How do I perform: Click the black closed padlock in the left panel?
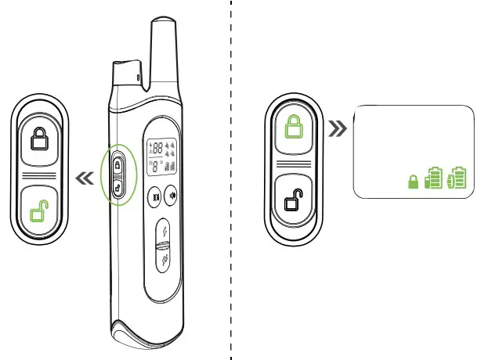pyautogui.click(x=38, y=140)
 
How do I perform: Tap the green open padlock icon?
pyautogui.click(x=38, y=211)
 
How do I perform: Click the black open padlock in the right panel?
pyautogui.click(x=292, y=201)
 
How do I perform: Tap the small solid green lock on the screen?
pyautogui.click(x=413, y=182)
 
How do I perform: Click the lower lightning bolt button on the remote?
pyautogui.click(x=164, y=263)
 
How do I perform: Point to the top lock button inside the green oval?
pyautogui.click(x=118, y=165)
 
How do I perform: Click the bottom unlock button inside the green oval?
pyautogui.click(x=118, y=187)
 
